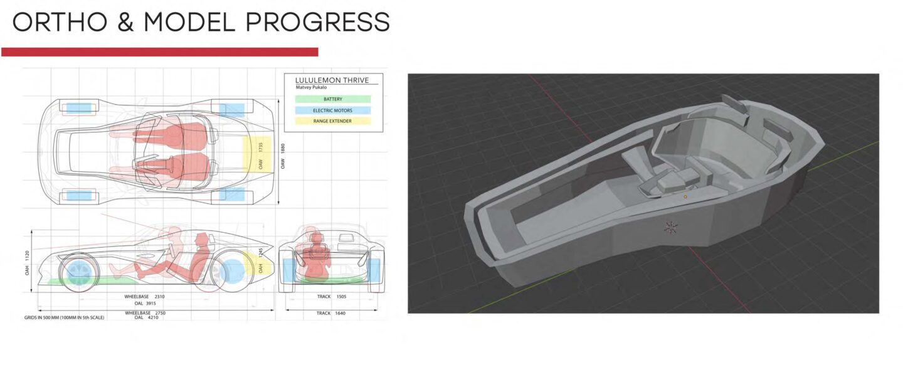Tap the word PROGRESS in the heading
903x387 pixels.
coord(318,22)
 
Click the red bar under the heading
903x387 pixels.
coord(160,52)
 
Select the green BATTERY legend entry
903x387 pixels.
coord(332,99)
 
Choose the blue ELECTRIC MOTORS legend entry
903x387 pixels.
coord(332,110)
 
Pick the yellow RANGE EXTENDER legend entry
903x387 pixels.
coord(332,121)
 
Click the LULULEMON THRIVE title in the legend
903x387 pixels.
coord(332,80)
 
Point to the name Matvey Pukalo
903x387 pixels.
coord(311,87)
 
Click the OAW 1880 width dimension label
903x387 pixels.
coord(283,156)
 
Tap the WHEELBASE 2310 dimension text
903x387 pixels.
coord(144,297)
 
